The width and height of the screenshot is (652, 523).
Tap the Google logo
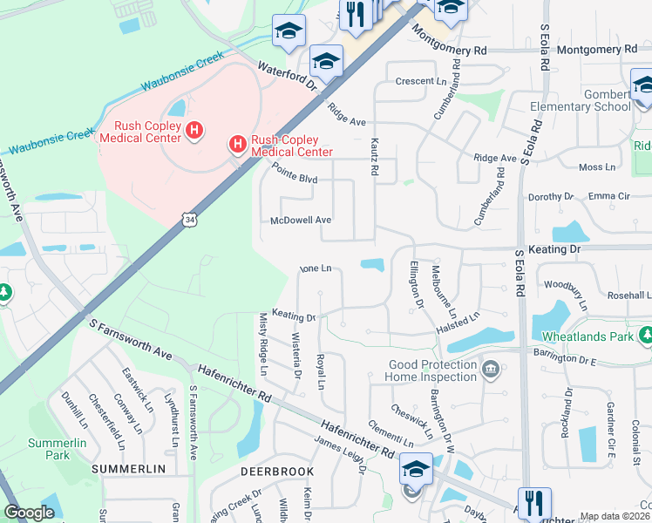pyautogui.click(x=29, y=513)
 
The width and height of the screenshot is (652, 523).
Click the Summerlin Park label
pyautogui.click(x=48, y=449)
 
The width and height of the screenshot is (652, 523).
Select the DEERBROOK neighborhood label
pyautogui.click(x=277, y=471)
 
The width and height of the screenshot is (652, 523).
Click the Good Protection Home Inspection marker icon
pyautogui.click(x=491, y=370)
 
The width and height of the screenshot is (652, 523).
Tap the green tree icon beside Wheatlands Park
pyautogui.click(x=644, y=335)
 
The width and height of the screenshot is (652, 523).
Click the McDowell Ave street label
pyautogui.click(x=301, y=221)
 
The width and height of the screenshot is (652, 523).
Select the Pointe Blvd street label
pyautogui.click(x=294, y=173)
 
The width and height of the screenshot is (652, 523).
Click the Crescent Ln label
pyautogui.click(x=421, y=81)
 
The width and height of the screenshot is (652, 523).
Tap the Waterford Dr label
pyautogui.click(x=287, y=72)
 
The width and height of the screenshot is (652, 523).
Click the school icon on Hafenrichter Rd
pyautogui.click(x=416, y=469)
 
